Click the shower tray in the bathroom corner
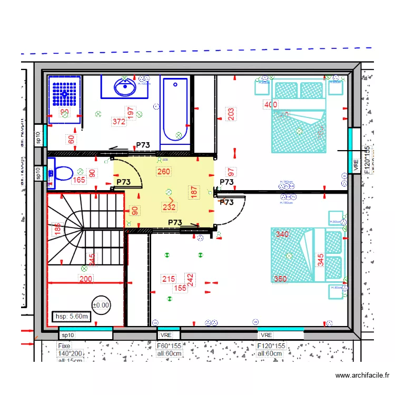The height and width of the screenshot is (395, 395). coord(65,99)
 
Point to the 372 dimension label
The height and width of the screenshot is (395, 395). coord(119,122)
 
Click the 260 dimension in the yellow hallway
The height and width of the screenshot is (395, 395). coord(164,171)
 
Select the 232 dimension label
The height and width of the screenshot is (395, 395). coord(169,207)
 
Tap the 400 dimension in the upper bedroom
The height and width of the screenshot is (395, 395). coord(270,105)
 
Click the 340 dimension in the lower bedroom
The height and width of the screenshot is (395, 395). coord(282,234)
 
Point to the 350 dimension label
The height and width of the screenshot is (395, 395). coord(280,279)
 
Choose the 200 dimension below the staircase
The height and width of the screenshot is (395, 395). coord(86,279)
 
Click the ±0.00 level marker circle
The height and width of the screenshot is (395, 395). coord(101,304)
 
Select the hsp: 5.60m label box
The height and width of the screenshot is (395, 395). coord(73,317)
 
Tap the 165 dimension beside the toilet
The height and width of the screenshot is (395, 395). coord(78,180)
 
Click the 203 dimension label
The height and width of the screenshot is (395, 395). coord(231,114)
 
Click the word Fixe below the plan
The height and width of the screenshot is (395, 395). coord(64,346)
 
